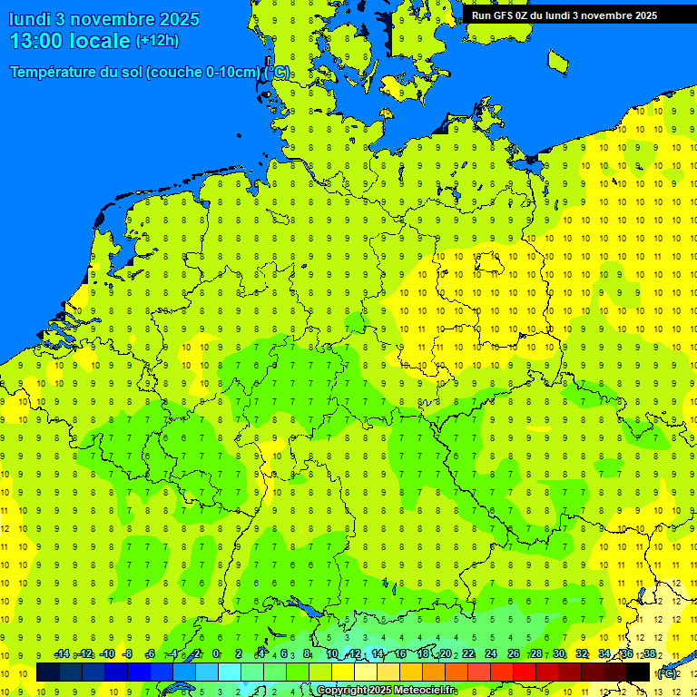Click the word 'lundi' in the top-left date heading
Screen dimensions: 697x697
pos(30,19)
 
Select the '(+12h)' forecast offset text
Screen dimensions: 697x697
pos(157,41)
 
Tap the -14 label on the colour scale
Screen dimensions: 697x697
pos(62,654)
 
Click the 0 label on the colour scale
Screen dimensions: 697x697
pos(216,654)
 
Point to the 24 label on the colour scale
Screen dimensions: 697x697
pos(491,654)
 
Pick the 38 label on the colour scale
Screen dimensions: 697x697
pos(649,654)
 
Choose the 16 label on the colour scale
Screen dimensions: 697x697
pos(399,654)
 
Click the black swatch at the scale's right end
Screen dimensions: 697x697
pos(638,672)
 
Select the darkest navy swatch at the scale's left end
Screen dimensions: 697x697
pos(48,672)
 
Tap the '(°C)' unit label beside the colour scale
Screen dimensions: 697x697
pos(667,672)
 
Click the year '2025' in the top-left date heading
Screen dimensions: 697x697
pos(181,19)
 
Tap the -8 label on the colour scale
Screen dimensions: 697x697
pos(127,654)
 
